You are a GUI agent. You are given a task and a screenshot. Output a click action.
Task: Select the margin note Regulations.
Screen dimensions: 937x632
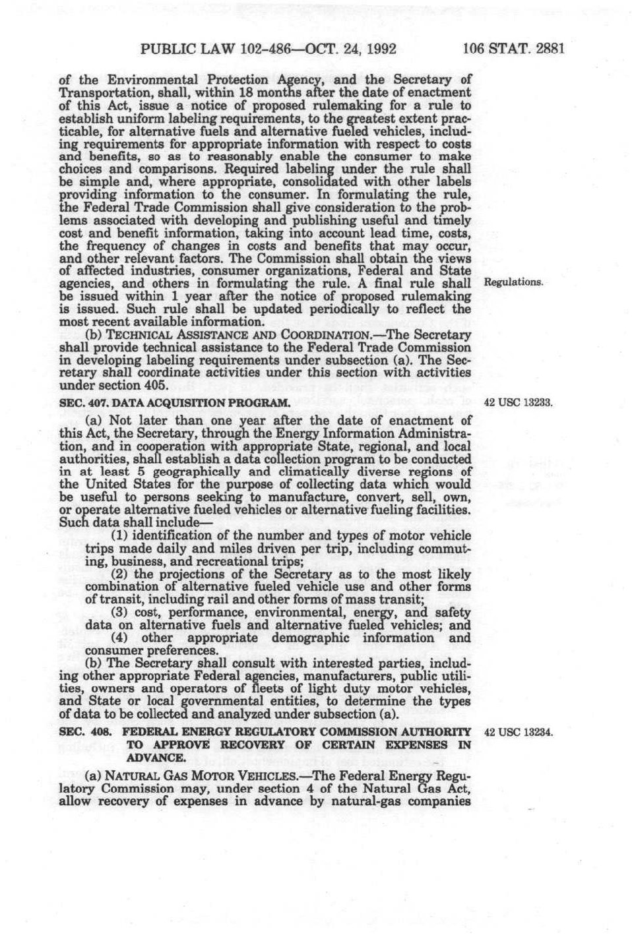(514, 282)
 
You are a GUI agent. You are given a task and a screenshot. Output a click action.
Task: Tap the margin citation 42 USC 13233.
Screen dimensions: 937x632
(518, 402)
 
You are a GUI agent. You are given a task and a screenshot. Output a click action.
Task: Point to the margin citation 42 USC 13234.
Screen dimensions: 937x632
(518, 732)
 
